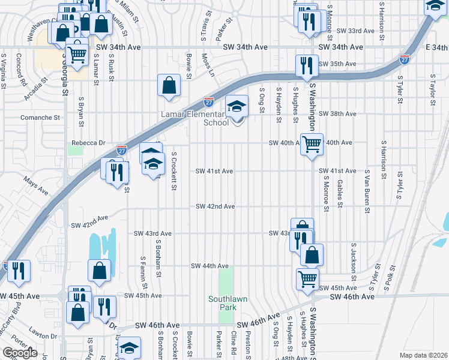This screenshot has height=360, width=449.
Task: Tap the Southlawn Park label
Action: pyautogui.click(x=222, y=303)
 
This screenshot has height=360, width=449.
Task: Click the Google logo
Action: pyautogui.click(x=20, y=353)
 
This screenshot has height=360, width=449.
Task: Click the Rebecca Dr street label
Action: pyautogui.click(x=88, y=143)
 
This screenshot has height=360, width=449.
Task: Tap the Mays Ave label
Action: pyautogui.click(x=35, y=185)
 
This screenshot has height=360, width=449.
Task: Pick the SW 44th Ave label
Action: pyautogui.click(x=209, y=266)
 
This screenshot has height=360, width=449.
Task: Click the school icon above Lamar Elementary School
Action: pyautogui.click(x=237, y=107)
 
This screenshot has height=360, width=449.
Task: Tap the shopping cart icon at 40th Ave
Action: pyautogui.click(x=312, y=145)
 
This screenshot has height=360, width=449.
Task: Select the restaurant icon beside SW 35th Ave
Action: pyautogui.click(x=307, y=66)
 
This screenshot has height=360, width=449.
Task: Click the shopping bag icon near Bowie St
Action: pyautogui.click(x=169, y=85)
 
